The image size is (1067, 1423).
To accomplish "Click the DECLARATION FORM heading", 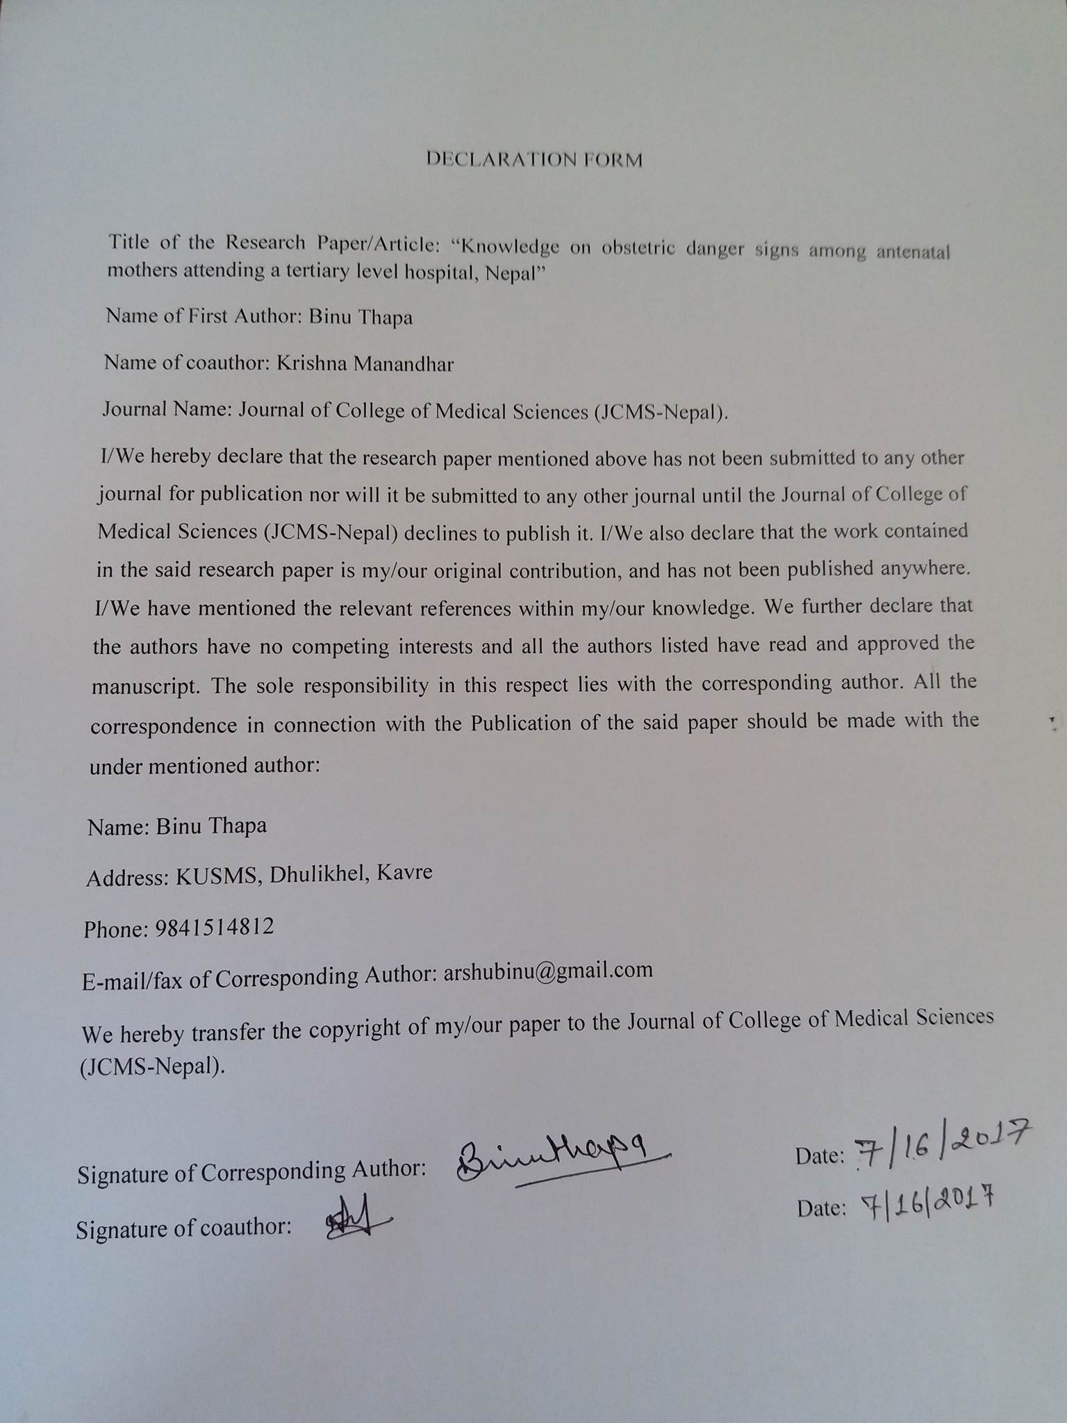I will (x=533, y=160).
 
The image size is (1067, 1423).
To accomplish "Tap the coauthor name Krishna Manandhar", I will (x=365, y=363).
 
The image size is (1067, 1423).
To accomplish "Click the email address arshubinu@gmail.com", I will (x=548, y=971).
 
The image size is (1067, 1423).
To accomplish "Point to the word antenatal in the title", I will (x=912, y=252).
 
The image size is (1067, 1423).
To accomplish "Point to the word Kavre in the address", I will (x=404, y=872).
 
